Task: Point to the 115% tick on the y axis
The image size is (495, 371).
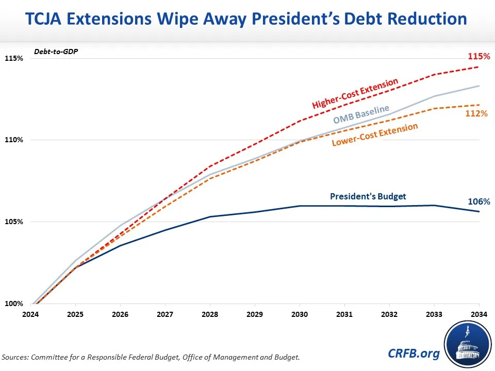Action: pyautogui.click(x=14, y=58)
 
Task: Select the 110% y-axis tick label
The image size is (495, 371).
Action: pyautogui.click(x=14, y=140)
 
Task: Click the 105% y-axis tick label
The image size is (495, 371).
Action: pyautogui.click(x=14, y=222)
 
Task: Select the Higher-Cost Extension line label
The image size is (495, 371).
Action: pyautogui.click(x=355, y=93)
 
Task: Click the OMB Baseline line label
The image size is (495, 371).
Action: pyautogui.click(x=361, y=113)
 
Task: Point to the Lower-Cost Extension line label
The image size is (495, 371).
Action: pyautogui.click(x=374, y=135)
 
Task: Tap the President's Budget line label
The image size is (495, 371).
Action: pyautogui.click(x=368, y=196)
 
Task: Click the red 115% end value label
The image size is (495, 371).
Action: pyautogui.click(x=478, y=56)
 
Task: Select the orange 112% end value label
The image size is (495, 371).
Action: pyautogui.click(x=477, y=113)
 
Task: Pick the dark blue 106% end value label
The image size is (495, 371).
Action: pyautogui.click(x=478, y=201)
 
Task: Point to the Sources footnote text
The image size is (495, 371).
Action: pyautogui.click(x=151, y=357)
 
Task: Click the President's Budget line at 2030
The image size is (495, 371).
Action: pyautogui.click(x=300, y=206)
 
